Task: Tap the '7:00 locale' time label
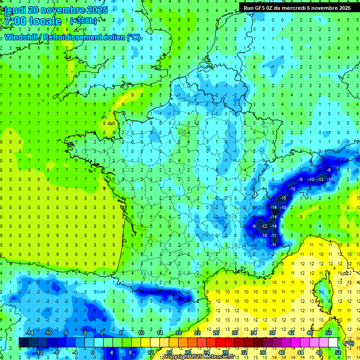pos(32,22)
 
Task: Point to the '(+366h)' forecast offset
pos(83,21)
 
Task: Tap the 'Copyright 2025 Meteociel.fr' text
pos(202,357)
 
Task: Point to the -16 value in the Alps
pos(283,198)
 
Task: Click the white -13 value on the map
pos(321,180)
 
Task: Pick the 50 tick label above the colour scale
pos(329,333)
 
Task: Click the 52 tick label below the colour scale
pos(337,352)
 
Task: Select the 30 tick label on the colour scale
pos(234,333)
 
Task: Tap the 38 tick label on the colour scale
pos(272,333)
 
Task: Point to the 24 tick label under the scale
pos(206,352)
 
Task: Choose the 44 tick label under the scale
pos(300,352)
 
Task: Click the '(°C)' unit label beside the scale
pos(349,343)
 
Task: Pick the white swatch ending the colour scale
pos(333,343)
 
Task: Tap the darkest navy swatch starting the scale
pos(23,343)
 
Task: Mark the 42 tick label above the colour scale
pos(291,333)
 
